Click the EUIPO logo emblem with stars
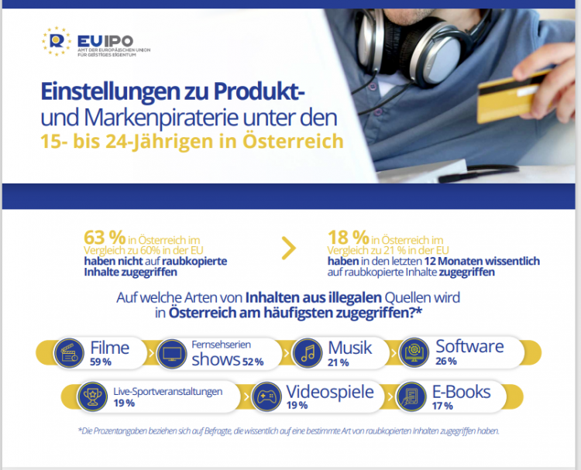(57, 42)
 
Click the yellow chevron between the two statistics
(288, 248)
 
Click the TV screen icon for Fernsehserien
(171, 354)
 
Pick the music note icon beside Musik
(308, 354)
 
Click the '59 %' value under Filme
(101, 362)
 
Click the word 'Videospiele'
(330, 392)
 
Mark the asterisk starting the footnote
(79, 431)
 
